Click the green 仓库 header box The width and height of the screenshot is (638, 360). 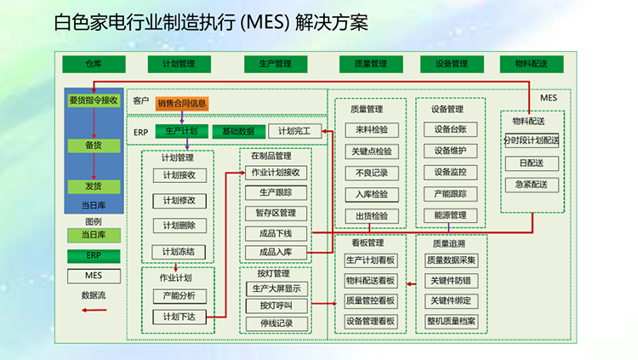click(94, 64)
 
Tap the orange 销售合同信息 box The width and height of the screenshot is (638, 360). click(182, 104)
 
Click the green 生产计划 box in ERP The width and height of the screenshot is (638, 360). click(181, 131)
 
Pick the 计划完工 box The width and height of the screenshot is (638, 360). click(294, 131)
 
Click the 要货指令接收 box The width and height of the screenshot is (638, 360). click(94, 100)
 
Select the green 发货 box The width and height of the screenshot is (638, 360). click(94, 186)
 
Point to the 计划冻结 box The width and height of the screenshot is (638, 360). click(179, 251)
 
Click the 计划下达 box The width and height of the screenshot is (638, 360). click(179, 317)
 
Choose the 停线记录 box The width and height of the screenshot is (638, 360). click(276, 323)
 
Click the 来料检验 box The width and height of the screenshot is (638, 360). click(371, 130)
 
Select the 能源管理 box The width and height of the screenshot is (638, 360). click(450, 215)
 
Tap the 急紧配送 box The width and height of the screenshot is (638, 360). click(532, 184)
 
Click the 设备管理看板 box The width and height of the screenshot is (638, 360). click(371, 321)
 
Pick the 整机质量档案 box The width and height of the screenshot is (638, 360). click(453, 321)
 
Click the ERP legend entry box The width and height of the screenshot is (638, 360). click(94, 255)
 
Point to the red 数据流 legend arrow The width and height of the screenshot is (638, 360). click(93, 311)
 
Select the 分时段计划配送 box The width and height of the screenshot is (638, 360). click(532, 140)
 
